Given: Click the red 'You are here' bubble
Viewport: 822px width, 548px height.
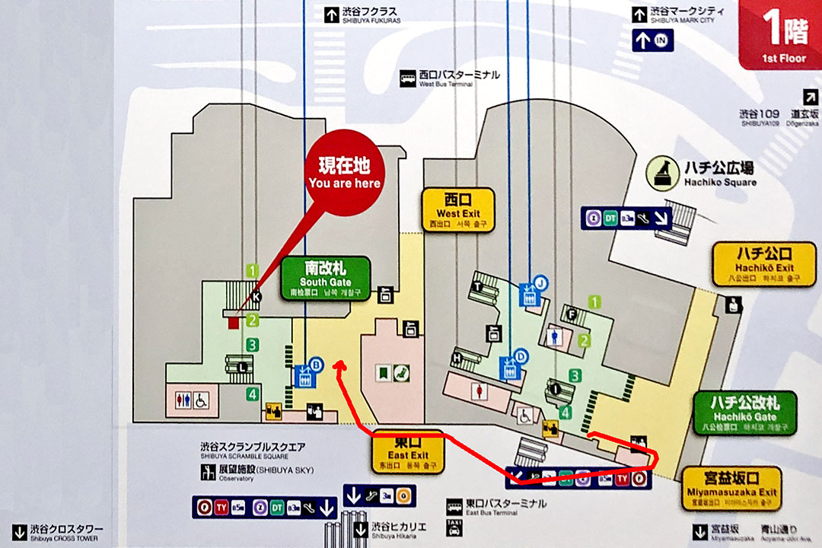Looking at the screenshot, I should click(x=344, y=174).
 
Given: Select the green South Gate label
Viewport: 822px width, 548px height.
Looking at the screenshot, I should click(x=326, y=278).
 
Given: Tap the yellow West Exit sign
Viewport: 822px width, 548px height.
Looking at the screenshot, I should click(x=459, y=210).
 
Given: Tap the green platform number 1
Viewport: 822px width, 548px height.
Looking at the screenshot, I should click(x=252, y=269).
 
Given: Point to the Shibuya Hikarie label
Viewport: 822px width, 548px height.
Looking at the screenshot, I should click(x=399, y=528).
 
